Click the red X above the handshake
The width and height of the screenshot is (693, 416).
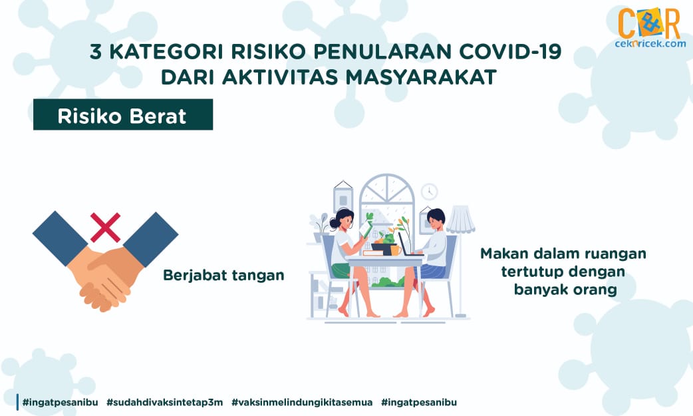(105, 228)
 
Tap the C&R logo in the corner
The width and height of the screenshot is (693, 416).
(649, 23)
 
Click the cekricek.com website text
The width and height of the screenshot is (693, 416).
(650, 44)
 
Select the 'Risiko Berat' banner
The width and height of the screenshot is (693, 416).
(123, 114)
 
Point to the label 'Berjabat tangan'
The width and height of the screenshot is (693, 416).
(223, 276)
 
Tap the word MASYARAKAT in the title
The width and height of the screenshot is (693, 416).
(421, 77)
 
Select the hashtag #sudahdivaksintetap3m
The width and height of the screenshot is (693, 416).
(165, 402)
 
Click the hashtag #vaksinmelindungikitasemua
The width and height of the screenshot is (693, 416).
(302, 402)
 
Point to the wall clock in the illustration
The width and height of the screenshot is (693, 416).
(429, 192)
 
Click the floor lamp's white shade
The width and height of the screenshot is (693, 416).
(460, 219)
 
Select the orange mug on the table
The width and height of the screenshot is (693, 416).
(395, 250)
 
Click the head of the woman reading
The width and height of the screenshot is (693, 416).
(345, 218)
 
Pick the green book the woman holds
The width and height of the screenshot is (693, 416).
(365, 229)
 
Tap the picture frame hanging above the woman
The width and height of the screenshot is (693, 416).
(343, 199)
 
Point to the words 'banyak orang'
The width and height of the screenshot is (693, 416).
(565, 290)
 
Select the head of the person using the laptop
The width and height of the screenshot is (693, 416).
(436, 220)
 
